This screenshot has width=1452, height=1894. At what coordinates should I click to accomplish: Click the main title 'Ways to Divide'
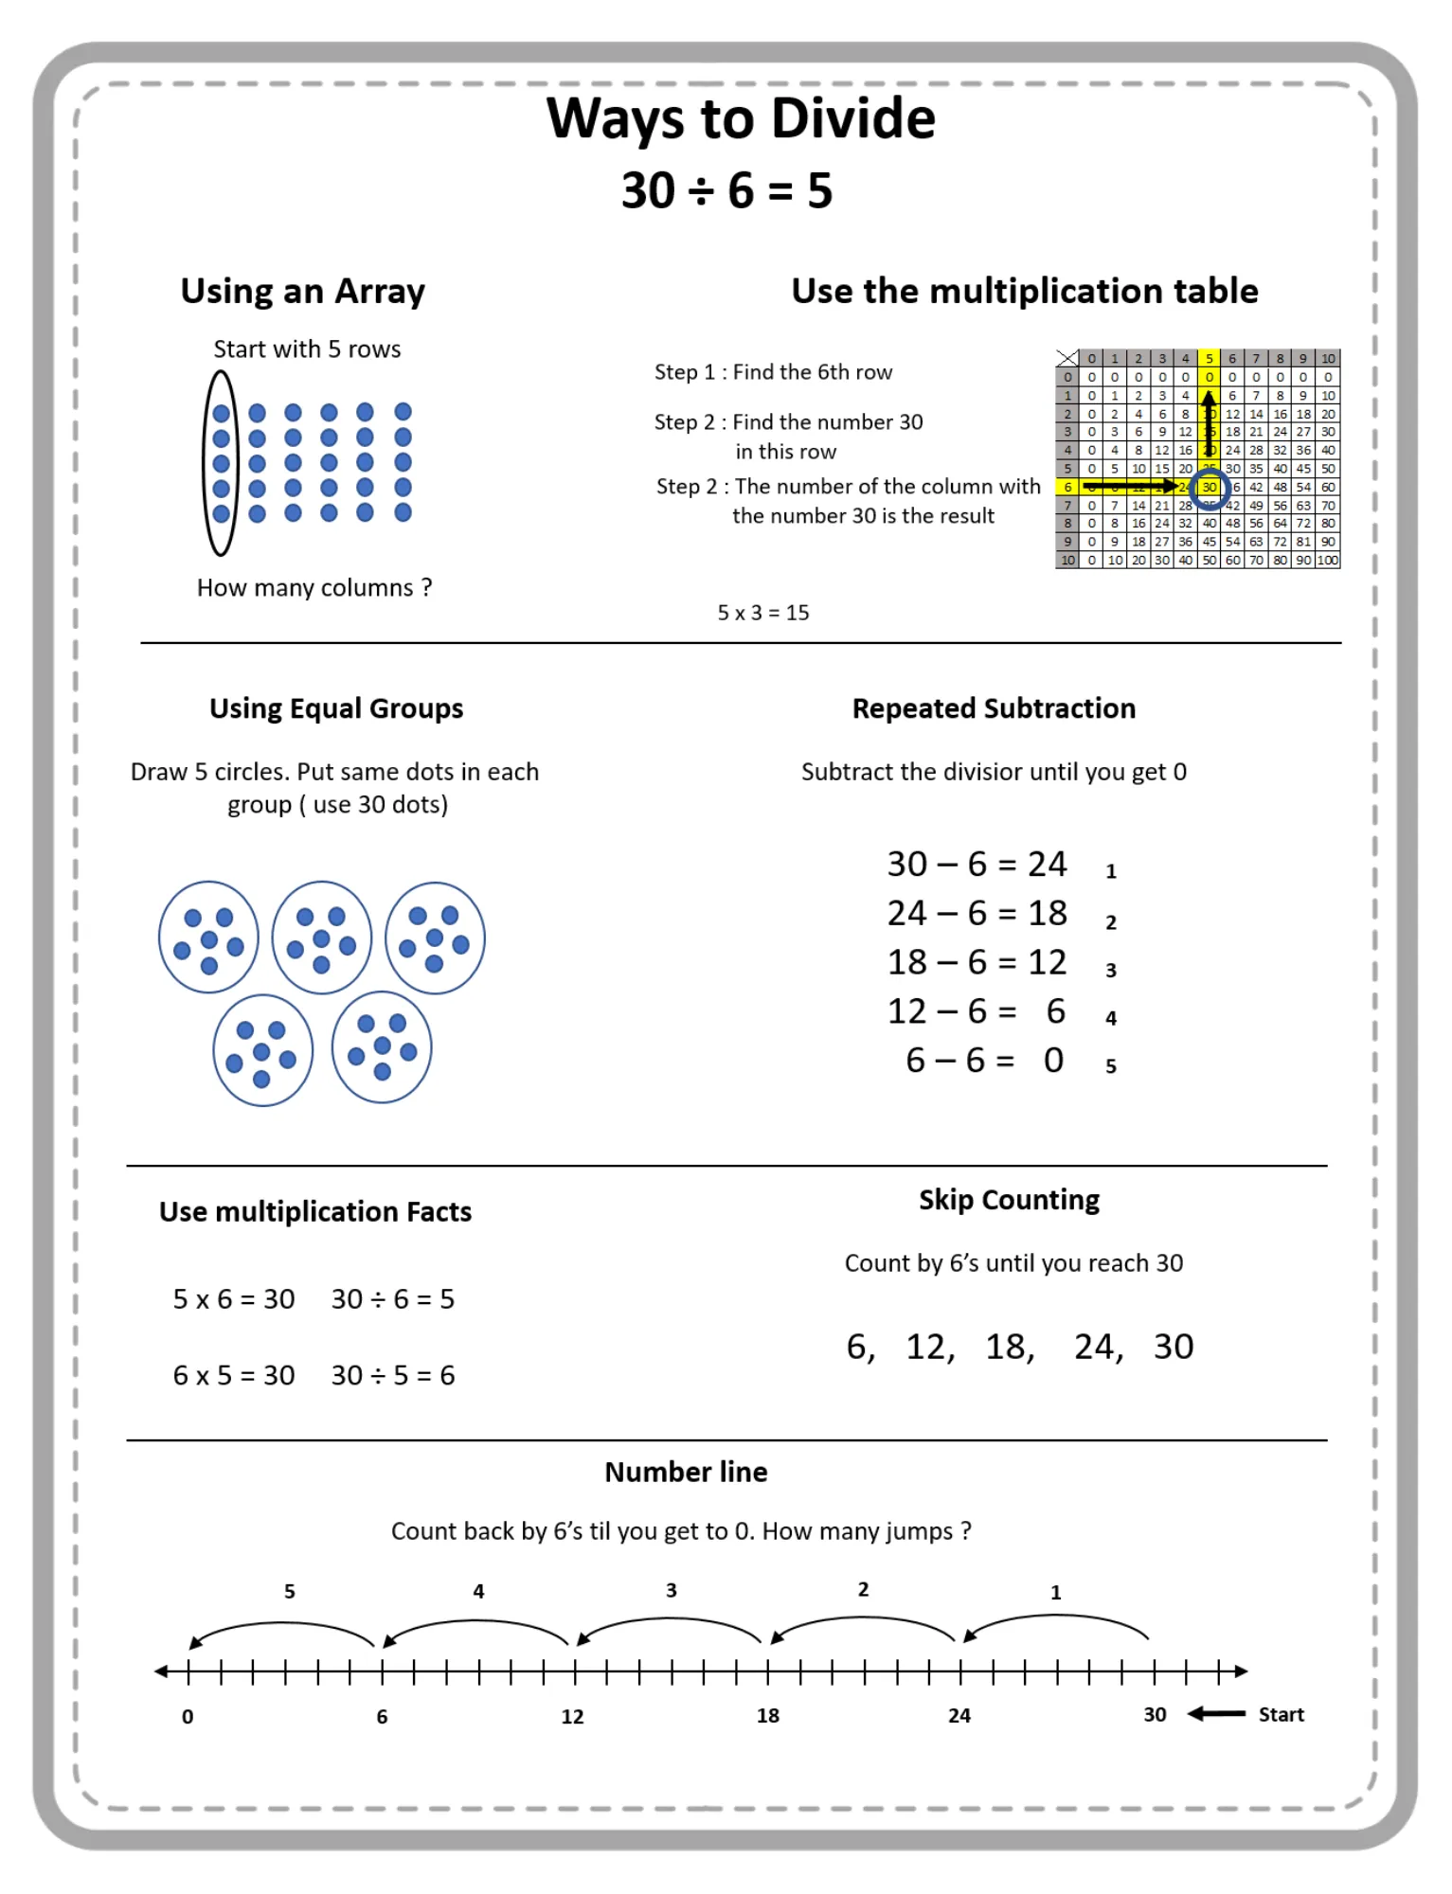point(740,119)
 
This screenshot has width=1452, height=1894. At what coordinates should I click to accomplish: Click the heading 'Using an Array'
point(302,291)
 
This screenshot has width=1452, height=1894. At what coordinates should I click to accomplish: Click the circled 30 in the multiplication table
point(1210,487)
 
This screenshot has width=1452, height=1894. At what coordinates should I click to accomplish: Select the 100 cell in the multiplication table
point(1328,560)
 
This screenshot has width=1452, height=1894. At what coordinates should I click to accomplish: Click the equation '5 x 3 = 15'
point(762,613)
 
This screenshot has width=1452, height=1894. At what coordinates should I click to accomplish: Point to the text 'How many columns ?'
point(314,588)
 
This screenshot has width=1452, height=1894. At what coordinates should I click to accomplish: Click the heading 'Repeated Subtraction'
point(993,708)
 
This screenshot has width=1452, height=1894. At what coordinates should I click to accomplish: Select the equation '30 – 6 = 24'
point(976,864)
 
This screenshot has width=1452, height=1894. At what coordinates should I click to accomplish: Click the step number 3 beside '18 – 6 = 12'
point(1111,971)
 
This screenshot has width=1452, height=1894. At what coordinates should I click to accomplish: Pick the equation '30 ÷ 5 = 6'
point(392,1375)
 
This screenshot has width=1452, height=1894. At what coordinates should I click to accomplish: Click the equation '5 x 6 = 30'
point(233,1298)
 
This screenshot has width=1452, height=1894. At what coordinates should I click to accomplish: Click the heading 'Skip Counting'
point(1009,1200)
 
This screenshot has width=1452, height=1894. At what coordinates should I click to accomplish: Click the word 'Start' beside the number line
point(1281,1714)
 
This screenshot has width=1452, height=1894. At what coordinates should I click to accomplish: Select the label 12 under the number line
point(572,1717)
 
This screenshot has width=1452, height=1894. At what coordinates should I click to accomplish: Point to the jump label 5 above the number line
point(290,1592)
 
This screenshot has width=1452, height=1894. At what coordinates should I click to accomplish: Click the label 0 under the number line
point(188,1717)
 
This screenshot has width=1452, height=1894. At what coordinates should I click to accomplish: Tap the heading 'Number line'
point(686,1472)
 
